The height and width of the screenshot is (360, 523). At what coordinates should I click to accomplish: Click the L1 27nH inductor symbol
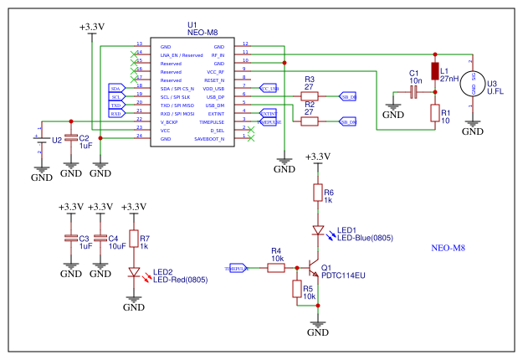[434, 71]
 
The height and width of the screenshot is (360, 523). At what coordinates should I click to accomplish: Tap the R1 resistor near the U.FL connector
[434, 113]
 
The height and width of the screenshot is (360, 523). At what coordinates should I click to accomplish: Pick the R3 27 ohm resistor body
[309, 96]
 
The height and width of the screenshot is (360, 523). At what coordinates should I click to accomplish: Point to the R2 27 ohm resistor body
[309, 122]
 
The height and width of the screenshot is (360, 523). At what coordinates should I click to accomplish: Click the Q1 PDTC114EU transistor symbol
[314, 270]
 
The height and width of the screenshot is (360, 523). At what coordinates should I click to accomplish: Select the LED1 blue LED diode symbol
[317, 230]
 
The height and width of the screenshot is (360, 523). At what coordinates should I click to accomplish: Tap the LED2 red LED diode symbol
[133, 272]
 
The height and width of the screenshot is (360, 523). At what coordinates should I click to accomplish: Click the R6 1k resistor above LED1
[317, 194]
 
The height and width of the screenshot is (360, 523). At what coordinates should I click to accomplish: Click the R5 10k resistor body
[297, 290]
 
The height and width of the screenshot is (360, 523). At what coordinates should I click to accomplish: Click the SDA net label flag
[116, 87]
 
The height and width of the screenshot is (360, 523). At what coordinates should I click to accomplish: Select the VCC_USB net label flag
[268, 87]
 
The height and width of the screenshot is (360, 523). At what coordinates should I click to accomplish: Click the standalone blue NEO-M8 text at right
[447, 249]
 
